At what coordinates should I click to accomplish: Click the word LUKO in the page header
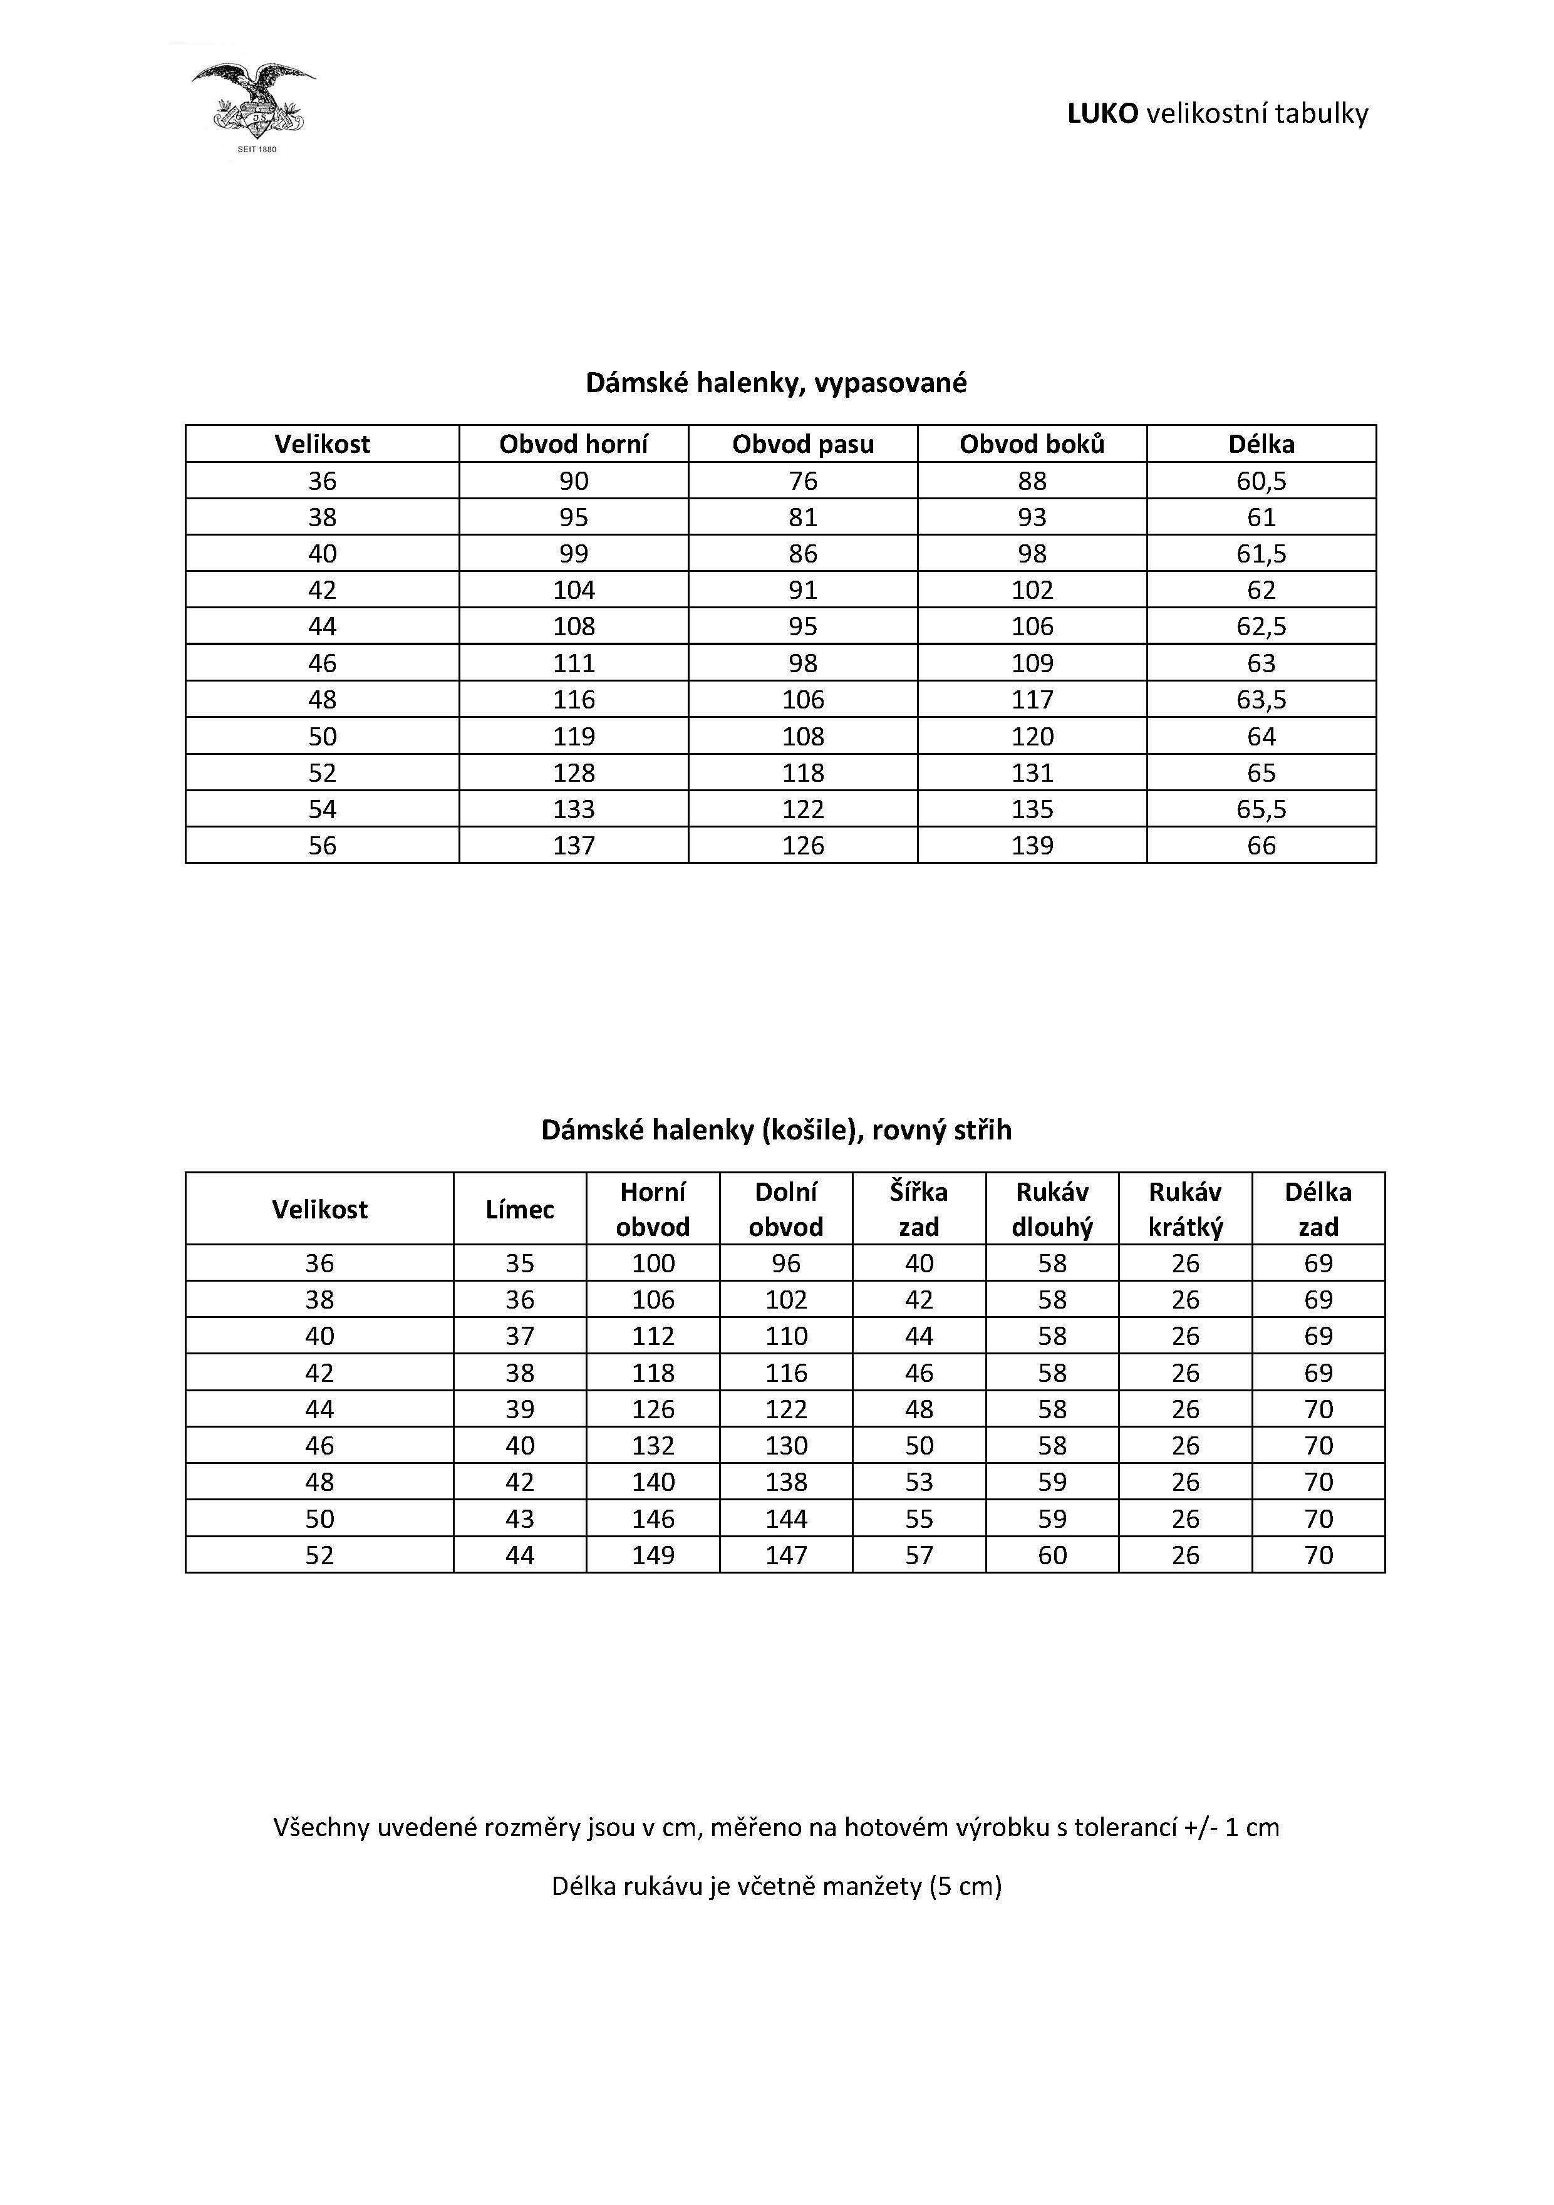pyautogui.click(x=1102, y=113)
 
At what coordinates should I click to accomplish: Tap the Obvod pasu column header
pyautogui.click(x=803, y=444)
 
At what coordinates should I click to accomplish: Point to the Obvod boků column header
pyautogui.click(x=1032, y=444)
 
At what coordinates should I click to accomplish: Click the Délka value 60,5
pyautogui.click(x=1261, y=480)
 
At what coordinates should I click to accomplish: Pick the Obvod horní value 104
pyautogui.click(x=573, y=589)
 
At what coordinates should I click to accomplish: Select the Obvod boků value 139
pyautogui.click(x=1032, y=845)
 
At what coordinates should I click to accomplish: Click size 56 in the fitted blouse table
pyautogui.click(x=322, y=845)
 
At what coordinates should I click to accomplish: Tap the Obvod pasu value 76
pyautogui.click(x=803, y=480)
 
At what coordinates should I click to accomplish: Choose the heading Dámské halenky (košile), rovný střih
pyautogui.click(x=776, y=1129)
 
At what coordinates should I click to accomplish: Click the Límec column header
pyautogui.click(x=520, y=1209)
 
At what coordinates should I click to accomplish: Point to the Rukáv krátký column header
pyautogui.click(x=1185, y=1209)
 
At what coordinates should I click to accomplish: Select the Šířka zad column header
pyautogui.click(x=918, y=1209)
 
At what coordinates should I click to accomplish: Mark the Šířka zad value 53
pyautogui.click(x=918, y=1482)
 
